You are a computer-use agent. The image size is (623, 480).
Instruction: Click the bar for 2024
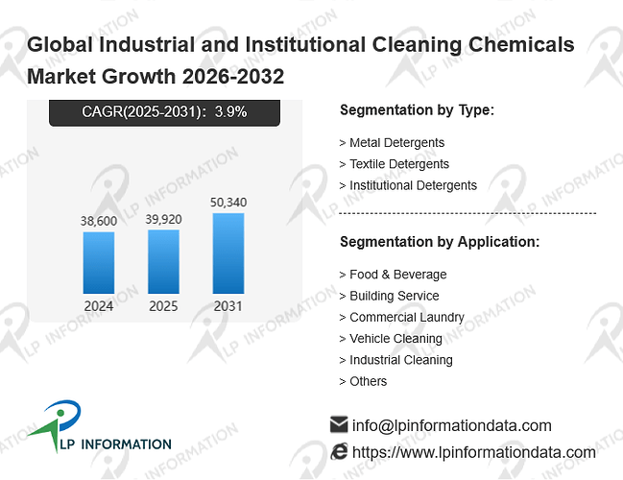point(99,263)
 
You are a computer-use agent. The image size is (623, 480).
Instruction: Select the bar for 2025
point(163,261)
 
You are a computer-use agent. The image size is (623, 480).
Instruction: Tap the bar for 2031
point(228,253)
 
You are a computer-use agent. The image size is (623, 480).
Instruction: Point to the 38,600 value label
point(99,221)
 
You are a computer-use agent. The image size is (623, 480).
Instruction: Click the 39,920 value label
point(163,219)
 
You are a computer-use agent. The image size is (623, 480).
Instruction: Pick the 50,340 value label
point(228,203)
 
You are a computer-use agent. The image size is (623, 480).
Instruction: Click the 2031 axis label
point(228,306)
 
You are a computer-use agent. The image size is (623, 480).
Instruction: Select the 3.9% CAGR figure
point(230,111)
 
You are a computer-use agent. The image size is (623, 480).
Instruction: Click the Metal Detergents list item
point(392,143)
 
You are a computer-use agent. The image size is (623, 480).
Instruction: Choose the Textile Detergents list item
point(395,164)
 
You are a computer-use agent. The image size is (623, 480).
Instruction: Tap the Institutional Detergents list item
point(408,185)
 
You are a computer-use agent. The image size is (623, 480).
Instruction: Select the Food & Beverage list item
point(393,275)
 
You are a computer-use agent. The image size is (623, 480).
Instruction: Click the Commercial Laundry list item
point(401,318)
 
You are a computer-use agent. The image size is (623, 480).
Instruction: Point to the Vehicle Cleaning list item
point(391,339)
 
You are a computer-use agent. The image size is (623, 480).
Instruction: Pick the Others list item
point(363,381)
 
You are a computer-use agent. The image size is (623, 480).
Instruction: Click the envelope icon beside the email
point(339,424)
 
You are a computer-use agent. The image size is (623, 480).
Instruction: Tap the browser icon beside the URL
point(339,452)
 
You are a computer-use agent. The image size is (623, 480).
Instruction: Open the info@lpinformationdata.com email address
point(452,425)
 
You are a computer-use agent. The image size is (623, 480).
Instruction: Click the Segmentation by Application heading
point(440,242)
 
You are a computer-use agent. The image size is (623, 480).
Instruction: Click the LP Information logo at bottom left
point(99,426)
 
